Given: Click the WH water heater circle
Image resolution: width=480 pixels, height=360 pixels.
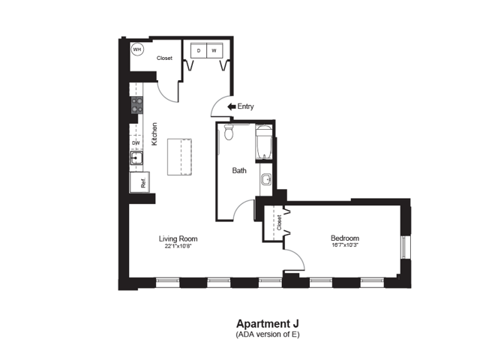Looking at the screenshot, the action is click(137, 49).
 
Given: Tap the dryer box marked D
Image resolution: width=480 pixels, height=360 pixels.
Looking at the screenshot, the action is click(199, 50).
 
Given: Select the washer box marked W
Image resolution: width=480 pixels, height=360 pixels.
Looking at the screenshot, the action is click(214, 50).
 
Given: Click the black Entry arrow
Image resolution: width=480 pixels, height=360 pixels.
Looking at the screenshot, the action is click(232, 106).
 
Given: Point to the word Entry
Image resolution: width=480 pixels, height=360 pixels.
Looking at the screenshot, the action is click(245, 106).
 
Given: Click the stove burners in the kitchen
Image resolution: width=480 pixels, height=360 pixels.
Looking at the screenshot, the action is click(137, 105).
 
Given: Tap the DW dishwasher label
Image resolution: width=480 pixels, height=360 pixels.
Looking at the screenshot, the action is click(136, 143).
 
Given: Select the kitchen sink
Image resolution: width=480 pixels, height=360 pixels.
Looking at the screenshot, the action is click(136, 158).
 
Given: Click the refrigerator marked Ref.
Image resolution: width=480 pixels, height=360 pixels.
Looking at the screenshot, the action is click(139, 182).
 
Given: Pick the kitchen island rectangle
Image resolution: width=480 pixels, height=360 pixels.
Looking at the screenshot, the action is click(179, 157).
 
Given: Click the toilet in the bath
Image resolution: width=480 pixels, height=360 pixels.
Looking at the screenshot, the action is click(229, 132).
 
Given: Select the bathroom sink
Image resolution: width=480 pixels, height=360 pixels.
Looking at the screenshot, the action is click(266, 179).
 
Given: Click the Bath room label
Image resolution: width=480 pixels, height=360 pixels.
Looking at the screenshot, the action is click(239, 170).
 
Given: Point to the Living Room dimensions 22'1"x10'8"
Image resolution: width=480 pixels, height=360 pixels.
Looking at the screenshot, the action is click(178, 246).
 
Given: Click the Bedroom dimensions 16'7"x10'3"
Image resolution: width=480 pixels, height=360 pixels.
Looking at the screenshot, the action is click(345, 245).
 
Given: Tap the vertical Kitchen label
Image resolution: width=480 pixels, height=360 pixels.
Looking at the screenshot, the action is click(154, 134).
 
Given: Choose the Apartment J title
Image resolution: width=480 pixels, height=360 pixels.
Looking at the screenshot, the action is click(268, 323).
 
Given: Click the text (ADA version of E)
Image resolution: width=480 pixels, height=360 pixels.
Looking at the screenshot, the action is click(268, 334).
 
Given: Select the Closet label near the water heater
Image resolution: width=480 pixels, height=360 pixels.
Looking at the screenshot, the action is click(164, 58).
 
